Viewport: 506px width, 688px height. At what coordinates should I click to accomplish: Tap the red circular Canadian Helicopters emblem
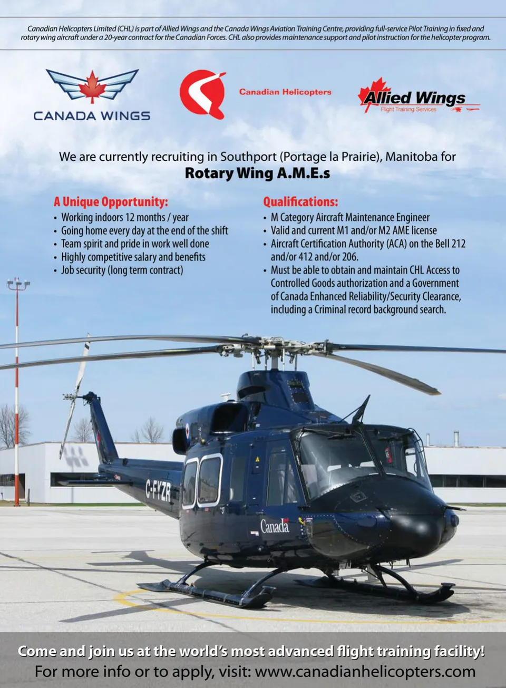click(201, 93)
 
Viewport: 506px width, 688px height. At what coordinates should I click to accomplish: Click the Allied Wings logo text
click(414, 98)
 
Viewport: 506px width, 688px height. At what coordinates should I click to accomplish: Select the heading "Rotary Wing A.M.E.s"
click(257, 173)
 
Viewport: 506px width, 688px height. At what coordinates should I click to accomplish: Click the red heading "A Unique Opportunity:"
click(111, 202)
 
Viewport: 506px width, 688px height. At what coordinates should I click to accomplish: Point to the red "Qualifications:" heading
click(300, 202)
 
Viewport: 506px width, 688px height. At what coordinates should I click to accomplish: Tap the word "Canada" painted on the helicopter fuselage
click(275, 526)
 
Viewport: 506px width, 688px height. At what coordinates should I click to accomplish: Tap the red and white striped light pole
click(17, 390)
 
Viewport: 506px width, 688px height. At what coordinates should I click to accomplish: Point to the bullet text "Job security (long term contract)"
click(122, 270)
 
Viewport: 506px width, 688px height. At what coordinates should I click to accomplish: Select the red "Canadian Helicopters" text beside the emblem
click(285, 92)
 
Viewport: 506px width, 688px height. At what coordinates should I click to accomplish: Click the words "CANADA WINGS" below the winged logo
click(92, 116)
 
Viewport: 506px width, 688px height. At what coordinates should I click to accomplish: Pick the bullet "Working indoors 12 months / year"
click(124, 217)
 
